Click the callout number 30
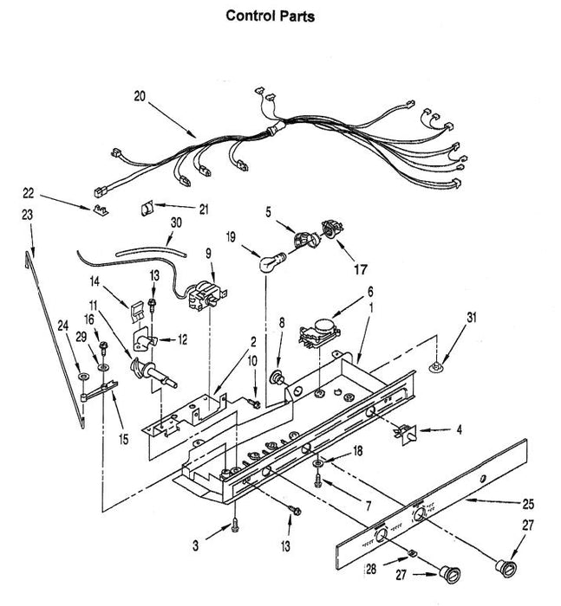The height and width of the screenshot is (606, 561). click(176, 222)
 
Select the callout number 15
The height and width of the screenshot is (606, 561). click(124, 440)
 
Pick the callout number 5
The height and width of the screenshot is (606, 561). click(268, 210)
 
